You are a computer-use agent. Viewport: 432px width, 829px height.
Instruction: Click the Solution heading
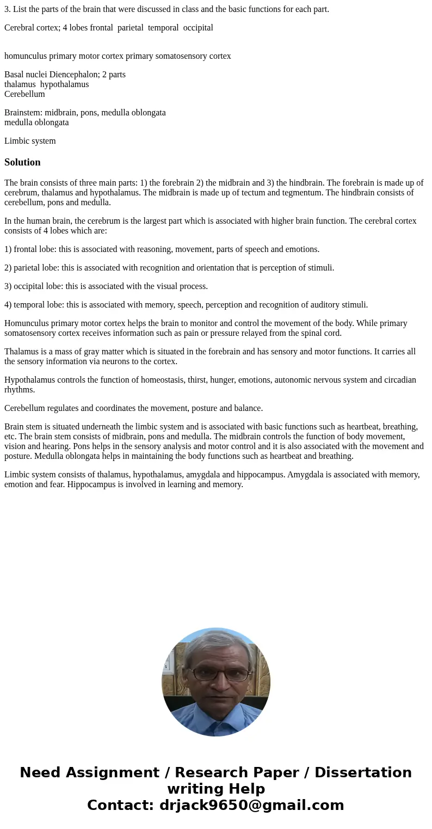pyautogui.click(x=22, y=162)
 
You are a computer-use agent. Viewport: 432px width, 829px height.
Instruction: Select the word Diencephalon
pyautogui.click(x=73, y=75)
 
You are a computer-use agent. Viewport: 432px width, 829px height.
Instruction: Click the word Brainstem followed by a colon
pyautogui.click(x=23, y=113)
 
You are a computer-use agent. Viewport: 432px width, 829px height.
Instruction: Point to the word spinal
pyautogui.click(x=306, y=333)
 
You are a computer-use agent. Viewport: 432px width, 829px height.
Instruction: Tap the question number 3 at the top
pyautogui.click(x=7, y=9)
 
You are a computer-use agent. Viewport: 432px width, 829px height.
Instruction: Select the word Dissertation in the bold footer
pyautogui.click(x=363, y=772)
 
